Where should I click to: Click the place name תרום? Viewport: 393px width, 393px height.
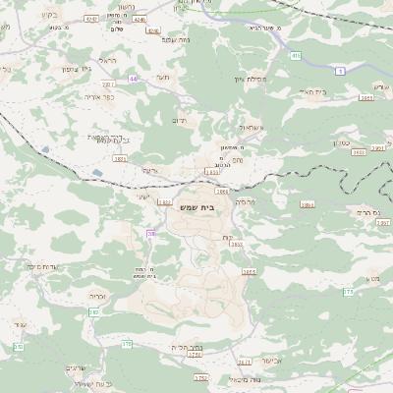pos(180,120)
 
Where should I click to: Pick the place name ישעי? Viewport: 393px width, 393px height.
pos(141,196)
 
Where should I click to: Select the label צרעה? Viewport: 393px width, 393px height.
pos(149,169)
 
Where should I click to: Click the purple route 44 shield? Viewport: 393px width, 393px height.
pos(133,78)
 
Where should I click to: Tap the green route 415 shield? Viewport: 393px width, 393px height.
pos(296,56)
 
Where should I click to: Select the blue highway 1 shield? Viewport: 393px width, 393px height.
pos(339,71)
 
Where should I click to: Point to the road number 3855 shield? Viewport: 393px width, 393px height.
pos(249,271)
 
